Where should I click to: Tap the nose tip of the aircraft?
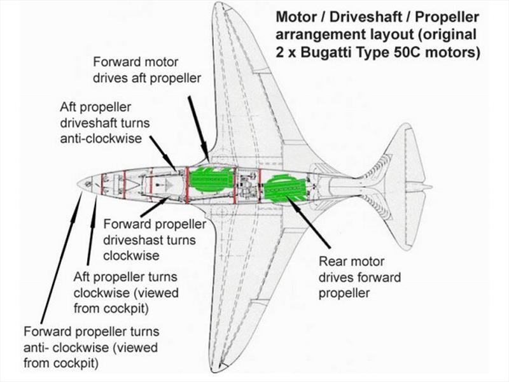(78, 183)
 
